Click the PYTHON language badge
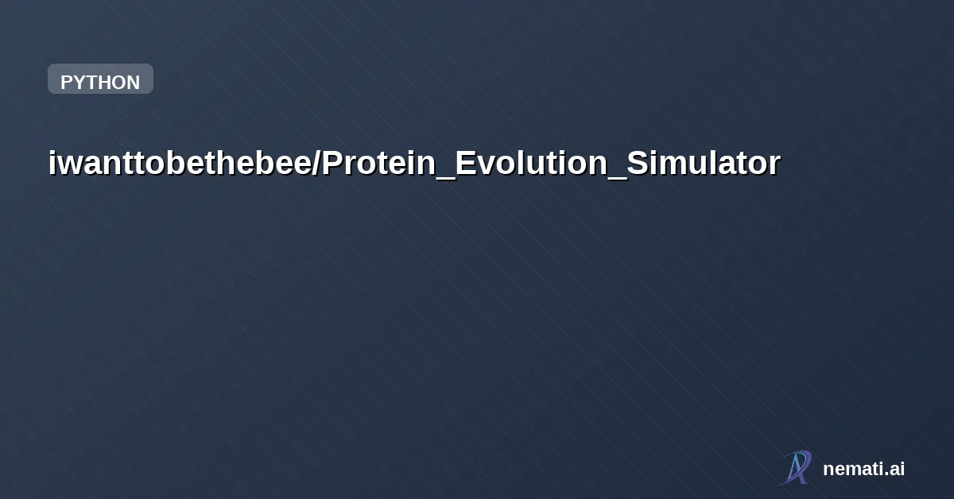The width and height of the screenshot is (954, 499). (x=100, y=79)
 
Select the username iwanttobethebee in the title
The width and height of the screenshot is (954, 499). (x=181, y=163)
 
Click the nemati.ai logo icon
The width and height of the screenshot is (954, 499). (x=796, y=467)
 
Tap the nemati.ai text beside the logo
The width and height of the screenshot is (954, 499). (x=863, y=469)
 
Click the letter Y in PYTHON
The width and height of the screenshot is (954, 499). (x=78, y=83)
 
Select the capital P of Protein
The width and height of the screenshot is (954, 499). (x=332, y=163)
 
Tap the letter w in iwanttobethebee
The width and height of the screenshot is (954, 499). (x=67, y=164)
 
